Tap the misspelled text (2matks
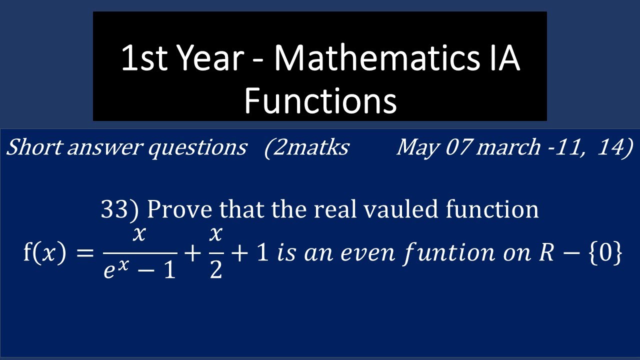point(306,147)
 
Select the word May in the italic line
point(415,147)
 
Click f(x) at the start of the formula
point(44,253)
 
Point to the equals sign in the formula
point(85,253)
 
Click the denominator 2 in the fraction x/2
point(215,270)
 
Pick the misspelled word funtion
point(454,254)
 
